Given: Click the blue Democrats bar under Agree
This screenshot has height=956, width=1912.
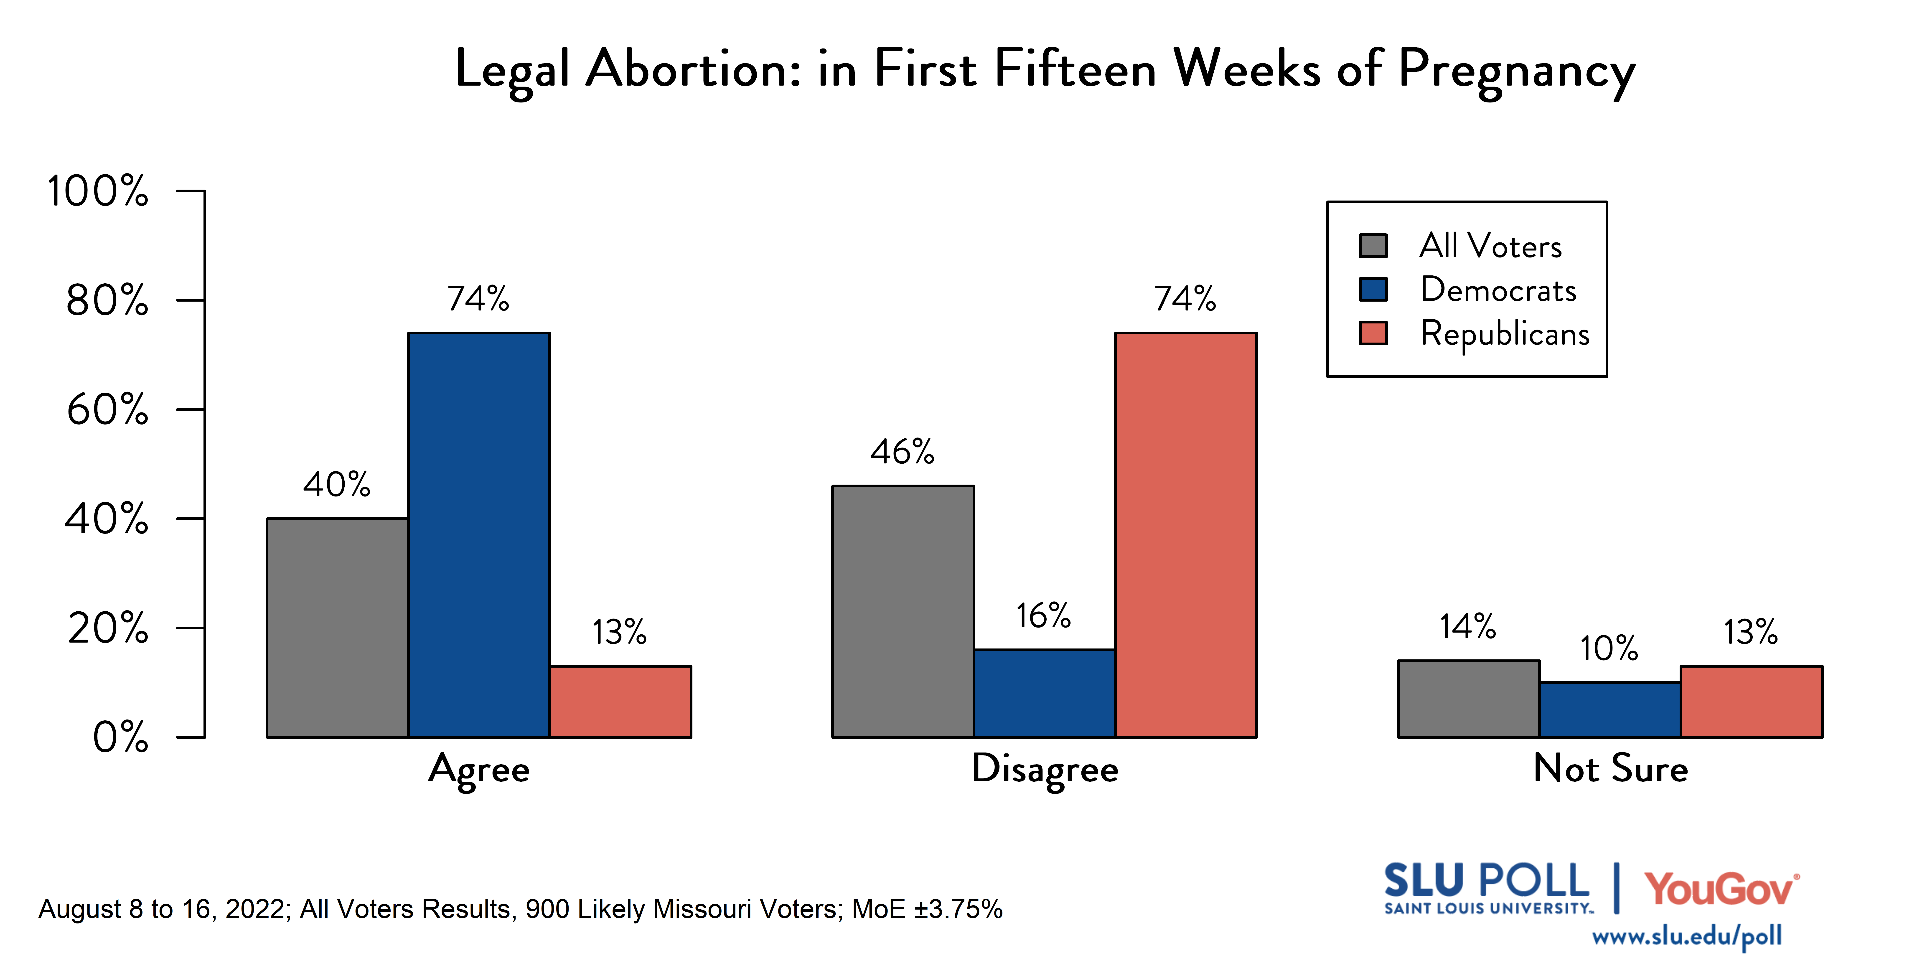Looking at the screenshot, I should (x=479, y=534).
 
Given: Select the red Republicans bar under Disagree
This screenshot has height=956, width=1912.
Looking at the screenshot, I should (x=1185, y=534).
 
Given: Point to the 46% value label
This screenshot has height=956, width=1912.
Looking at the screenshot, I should (x=902, y=451).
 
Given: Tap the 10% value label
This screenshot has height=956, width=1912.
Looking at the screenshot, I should (x=1608, y=648).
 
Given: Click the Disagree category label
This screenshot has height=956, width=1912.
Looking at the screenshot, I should (x=1044, y=769).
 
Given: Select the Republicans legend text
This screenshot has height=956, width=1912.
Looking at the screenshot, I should (x=1505, y=333).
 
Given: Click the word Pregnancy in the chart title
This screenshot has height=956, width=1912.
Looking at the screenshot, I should (x=1516, y=71).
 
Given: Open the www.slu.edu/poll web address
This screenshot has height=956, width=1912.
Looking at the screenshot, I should (x=1686, y=936).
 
